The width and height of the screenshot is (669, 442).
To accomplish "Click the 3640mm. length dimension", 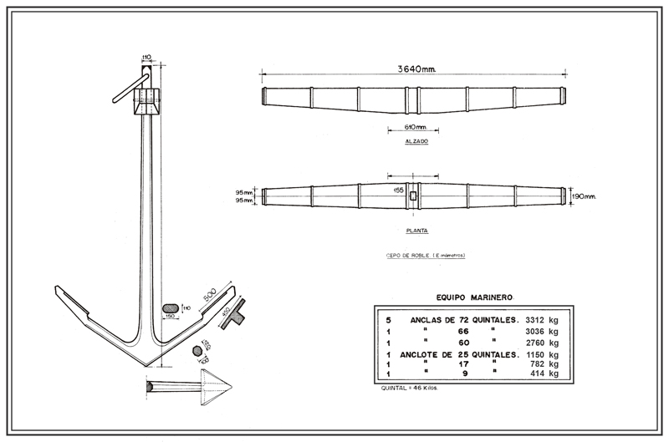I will point(416,68).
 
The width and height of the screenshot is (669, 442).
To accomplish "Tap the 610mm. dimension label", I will point(416,127).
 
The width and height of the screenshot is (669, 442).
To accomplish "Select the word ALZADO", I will point(416,143).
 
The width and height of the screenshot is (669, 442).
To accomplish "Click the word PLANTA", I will point(416,228).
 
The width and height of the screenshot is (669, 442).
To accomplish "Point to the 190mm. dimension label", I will point(584,197).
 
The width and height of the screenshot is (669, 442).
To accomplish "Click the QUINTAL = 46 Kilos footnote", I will point(409,389).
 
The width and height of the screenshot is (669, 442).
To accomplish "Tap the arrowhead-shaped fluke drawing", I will point(216,387).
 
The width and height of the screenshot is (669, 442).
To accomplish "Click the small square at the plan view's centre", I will point(412,196).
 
